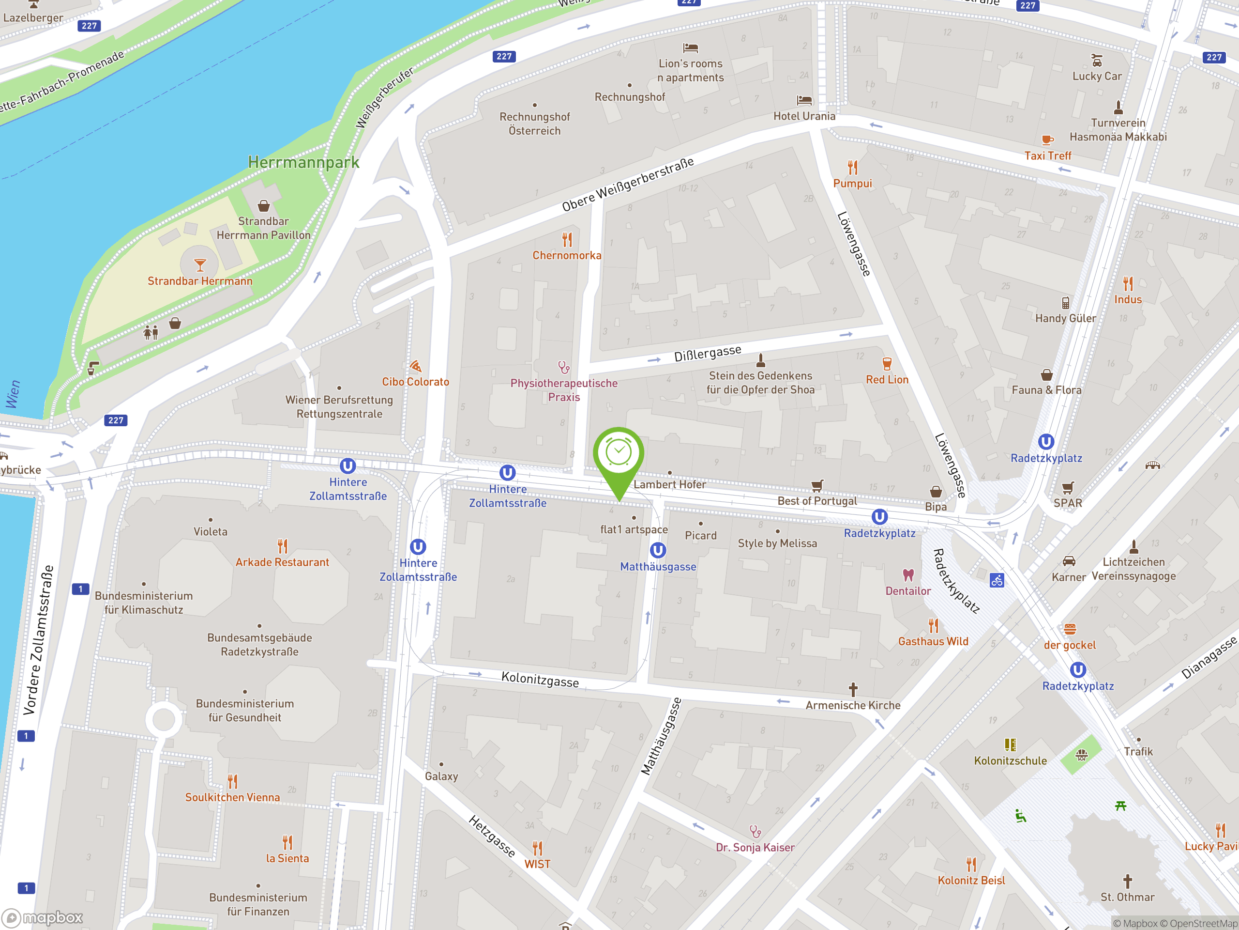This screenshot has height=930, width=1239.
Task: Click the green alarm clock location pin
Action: click(x=619, y=454)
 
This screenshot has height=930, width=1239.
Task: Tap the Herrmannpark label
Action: click(x=303, y=163)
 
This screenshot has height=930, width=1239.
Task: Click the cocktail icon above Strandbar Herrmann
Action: click(x=200, y=264)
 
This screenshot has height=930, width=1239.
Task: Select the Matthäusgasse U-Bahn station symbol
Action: click(x=658, y=550)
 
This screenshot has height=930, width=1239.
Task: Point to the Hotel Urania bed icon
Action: click(x=804, y=100)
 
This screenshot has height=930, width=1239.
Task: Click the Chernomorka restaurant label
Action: click(x=567, y=256)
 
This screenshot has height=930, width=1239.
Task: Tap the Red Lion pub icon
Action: click(x=887, y=364)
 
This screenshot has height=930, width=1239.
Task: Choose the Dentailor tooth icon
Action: click(x=908, y=575)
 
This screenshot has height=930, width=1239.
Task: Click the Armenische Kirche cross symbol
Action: click(x=853, y=689)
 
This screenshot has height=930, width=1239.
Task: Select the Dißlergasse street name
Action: click(x=708, y=354)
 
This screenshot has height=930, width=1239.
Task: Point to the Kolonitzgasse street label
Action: click(x=540, y=680)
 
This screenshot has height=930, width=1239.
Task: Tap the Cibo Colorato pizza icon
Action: click(x=415, y=367)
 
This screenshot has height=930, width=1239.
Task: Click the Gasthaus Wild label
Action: click(x=933, y=641)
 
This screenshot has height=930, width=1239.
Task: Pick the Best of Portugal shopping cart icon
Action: click(x=817, y=485)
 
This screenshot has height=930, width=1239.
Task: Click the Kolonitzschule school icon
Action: click(x=1010, y=744)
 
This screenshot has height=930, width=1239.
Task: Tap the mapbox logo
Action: click(x=43, y=918)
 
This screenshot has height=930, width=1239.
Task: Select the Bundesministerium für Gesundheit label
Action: click(x=245, y=710)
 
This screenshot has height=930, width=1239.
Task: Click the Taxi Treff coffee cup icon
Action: click(x=1047, y=139)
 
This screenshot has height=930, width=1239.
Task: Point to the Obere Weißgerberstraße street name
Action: click(x=628, y=184)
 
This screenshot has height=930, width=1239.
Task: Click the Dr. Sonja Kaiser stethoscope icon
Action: click(x=755, y=831)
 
